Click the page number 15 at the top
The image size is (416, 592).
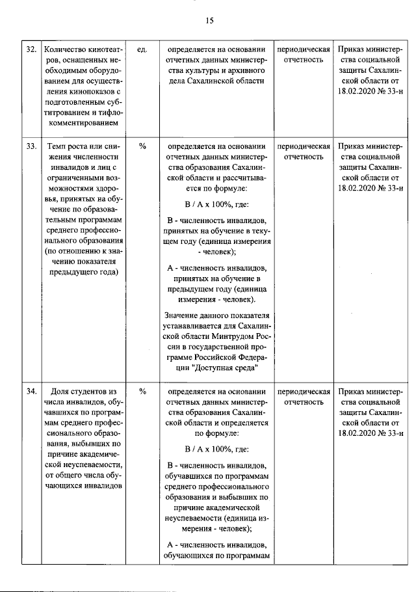(209, 20)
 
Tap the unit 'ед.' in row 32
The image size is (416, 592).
(142, 49)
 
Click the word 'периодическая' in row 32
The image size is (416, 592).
(304, 49)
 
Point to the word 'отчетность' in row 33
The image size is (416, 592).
(304, 156)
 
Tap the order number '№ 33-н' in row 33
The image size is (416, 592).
(393, 187)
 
